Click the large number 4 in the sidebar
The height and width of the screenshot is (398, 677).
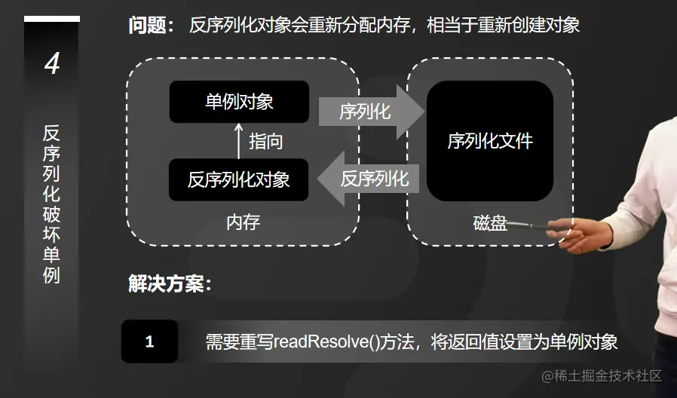[x=51, y=64]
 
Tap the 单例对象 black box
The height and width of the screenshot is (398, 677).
[x=239, y=102]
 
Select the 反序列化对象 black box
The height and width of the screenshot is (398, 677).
[x=239, y=180]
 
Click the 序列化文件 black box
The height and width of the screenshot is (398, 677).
[x=490, y=141]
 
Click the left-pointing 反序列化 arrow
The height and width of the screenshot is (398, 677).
[x=369, y=179]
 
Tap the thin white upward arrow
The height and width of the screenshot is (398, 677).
[x=240, y=141]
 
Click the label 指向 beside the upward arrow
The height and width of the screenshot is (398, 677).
[x=266, y=141]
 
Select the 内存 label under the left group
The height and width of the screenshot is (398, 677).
[x=243, y=222]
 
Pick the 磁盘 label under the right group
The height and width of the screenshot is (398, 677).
[x=490, y=223]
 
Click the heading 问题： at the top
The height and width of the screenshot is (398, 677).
[x=151, y=25]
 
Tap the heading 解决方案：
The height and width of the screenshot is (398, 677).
[x=170, y=284]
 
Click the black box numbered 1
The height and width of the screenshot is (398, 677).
[x=149, y=341]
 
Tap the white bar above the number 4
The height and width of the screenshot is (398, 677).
[x=51, y=19]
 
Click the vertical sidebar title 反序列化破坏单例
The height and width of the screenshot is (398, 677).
[x=51, y=204]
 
